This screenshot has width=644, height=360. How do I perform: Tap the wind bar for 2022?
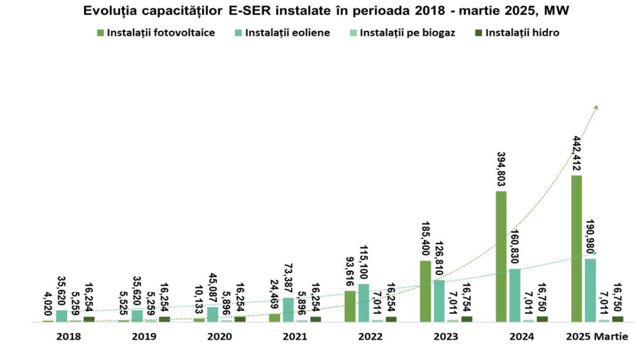(x=364, y=303)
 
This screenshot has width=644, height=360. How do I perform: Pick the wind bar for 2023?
(x=439, y=301)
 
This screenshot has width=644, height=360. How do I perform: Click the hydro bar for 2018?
(x=89, y=319)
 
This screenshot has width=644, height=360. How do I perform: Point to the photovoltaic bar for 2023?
(x=425, y=291)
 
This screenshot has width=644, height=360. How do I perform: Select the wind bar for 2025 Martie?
(x=591, y=290)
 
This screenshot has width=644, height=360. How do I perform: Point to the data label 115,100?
(x=364, y=263)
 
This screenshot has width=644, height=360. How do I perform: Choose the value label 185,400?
(x=425, y=238)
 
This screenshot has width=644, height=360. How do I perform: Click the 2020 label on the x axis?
(x=219, y=337)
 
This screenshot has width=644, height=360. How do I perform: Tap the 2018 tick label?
(x=69, y=337)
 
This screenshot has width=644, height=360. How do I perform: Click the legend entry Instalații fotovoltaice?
(x=156, y=33)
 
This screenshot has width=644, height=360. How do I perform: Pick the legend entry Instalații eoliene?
(x=281, y=33)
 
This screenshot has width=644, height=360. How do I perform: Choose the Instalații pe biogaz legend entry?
(x=402, y=33)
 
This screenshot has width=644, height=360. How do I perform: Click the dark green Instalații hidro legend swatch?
(x=479, y=33)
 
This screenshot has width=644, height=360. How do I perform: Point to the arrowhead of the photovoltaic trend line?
(x=596, y=107)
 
